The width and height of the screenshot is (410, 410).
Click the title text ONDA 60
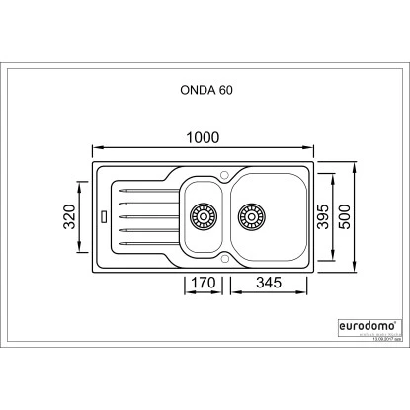pyautogui.click(x=205, y=88)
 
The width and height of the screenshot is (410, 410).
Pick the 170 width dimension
pyautogui.click(x=202, y=283)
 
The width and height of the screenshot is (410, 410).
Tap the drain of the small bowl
pyautogui.click(x=205, y=214)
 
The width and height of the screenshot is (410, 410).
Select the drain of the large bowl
pyautogui.click(x=251, y=214)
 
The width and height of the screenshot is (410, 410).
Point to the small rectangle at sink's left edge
pyautogui.click(x=104, y=214)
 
